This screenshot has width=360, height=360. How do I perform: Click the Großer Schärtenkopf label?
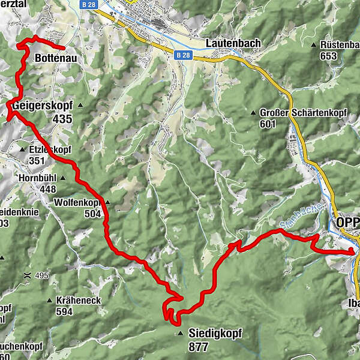click(x=294, y=113)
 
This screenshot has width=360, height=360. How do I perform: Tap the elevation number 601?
click(x=268, y=124)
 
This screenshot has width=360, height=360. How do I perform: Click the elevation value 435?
click(x=62, y=119)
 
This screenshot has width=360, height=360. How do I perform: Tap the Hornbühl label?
click(x=37, y=178)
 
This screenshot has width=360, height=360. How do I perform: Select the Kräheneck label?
click(x=78, y=300)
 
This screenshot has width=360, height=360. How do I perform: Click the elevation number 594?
click(x=64, y=311)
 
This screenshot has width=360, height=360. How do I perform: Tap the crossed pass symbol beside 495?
click(x=27, y=275)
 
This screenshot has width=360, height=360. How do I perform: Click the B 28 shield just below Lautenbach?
click(x=185, y=55)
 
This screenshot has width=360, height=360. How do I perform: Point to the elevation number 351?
click(x=37, y=160)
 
